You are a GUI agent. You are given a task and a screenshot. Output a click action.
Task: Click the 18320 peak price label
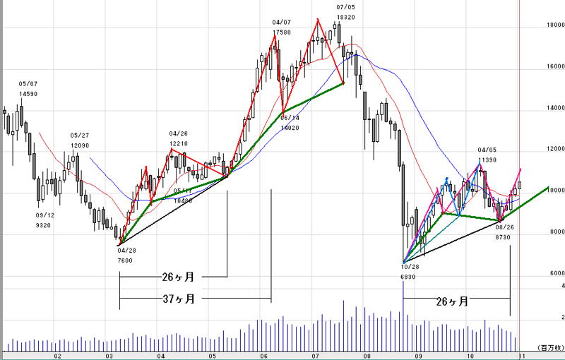click(x=345, y=17)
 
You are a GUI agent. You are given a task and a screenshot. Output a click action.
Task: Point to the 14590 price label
click(x=28, y=94)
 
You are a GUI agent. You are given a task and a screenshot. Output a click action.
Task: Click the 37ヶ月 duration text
click(x=176, y=299)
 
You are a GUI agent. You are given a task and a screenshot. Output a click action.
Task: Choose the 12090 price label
click(x=80, y=145)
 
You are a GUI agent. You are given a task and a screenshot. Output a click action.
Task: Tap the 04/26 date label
click(x=178, y=133)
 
